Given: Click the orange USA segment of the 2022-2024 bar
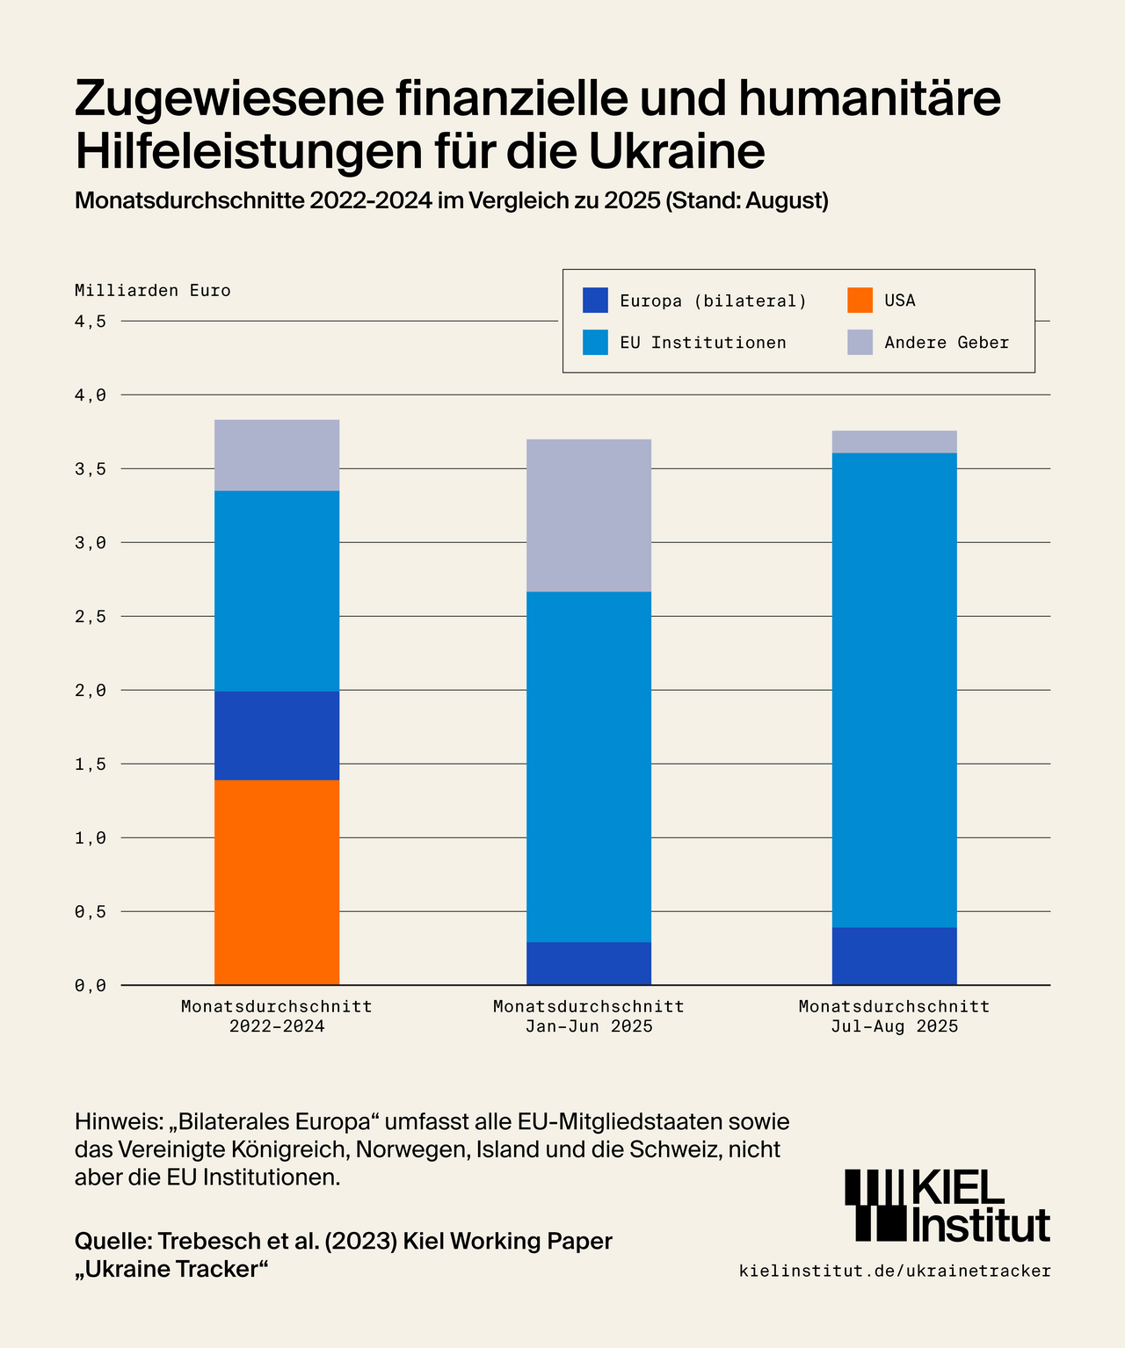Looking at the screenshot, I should pos(277,882).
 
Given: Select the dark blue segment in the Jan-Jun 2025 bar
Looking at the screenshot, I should pos(589,963).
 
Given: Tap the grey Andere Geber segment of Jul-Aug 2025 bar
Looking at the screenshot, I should pos(894,441).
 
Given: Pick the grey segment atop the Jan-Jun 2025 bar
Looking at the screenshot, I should pos(589,515).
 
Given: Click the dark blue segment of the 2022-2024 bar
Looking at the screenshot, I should pos(277,736).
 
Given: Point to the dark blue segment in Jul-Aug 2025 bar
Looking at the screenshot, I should pos(894,956).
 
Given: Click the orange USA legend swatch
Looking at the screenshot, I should pos(860,301).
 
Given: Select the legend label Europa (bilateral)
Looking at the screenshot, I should pos(713,301).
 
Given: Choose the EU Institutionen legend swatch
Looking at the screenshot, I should pos(595,343).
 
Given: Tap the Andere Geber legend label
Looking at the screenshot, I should pos(947,343).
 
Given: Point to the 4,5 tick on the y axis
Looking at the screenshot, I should pos(91,322).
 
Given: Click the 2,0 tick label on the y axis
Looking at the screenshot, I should pos(91,691).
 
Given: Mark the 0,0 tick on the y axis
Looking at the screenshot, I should pos(91,986).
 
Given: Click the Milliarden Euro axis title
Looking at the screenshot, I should pos(153,291).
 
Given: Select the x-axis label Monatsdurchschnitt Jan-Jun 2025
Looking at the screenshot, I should pos(589,1016).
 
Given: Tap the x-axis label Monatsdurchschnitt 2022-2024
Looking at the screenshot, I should pos(277,1016).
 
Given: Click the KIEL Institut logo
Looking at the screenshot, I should pos(947,1205).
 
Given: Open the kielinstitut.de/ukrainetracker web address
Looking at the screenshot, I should pos(895,1271).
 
